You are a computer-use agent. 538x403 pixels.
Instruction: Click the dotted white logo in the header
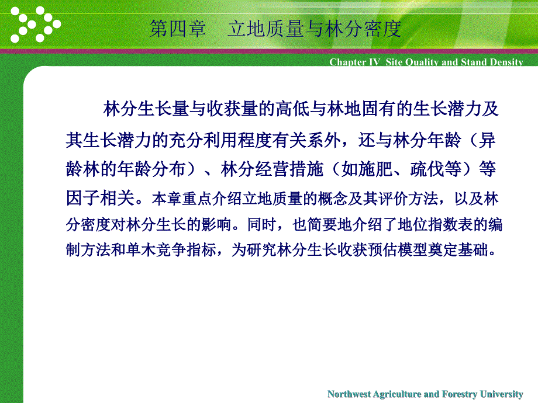coord(36,25)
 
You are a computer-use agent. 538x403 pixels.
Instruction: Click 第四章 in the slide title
coord(178,29)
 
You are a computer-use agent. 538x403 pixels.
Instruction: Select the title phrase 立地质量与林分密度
coord(314,29)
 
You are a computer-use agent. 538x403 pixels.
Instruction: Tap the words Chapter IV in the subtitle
coord(355,62)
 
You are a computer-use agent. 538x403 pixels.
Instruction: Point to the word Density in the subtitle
coord(506,62)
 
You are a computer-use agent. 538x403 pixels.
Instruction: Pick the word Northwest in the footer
coord(349,394)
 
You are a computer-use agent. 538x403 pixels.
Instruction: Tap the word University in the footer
coord(502,394)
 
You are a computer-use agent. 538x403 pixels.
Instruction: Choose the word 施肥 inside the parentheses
coord(375,169)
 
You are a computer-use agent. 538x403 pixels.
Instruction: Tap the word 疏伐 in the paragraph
coord(427,169)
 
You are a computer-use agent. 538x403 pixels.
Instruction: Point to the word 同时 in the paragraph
coord(262,224)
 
